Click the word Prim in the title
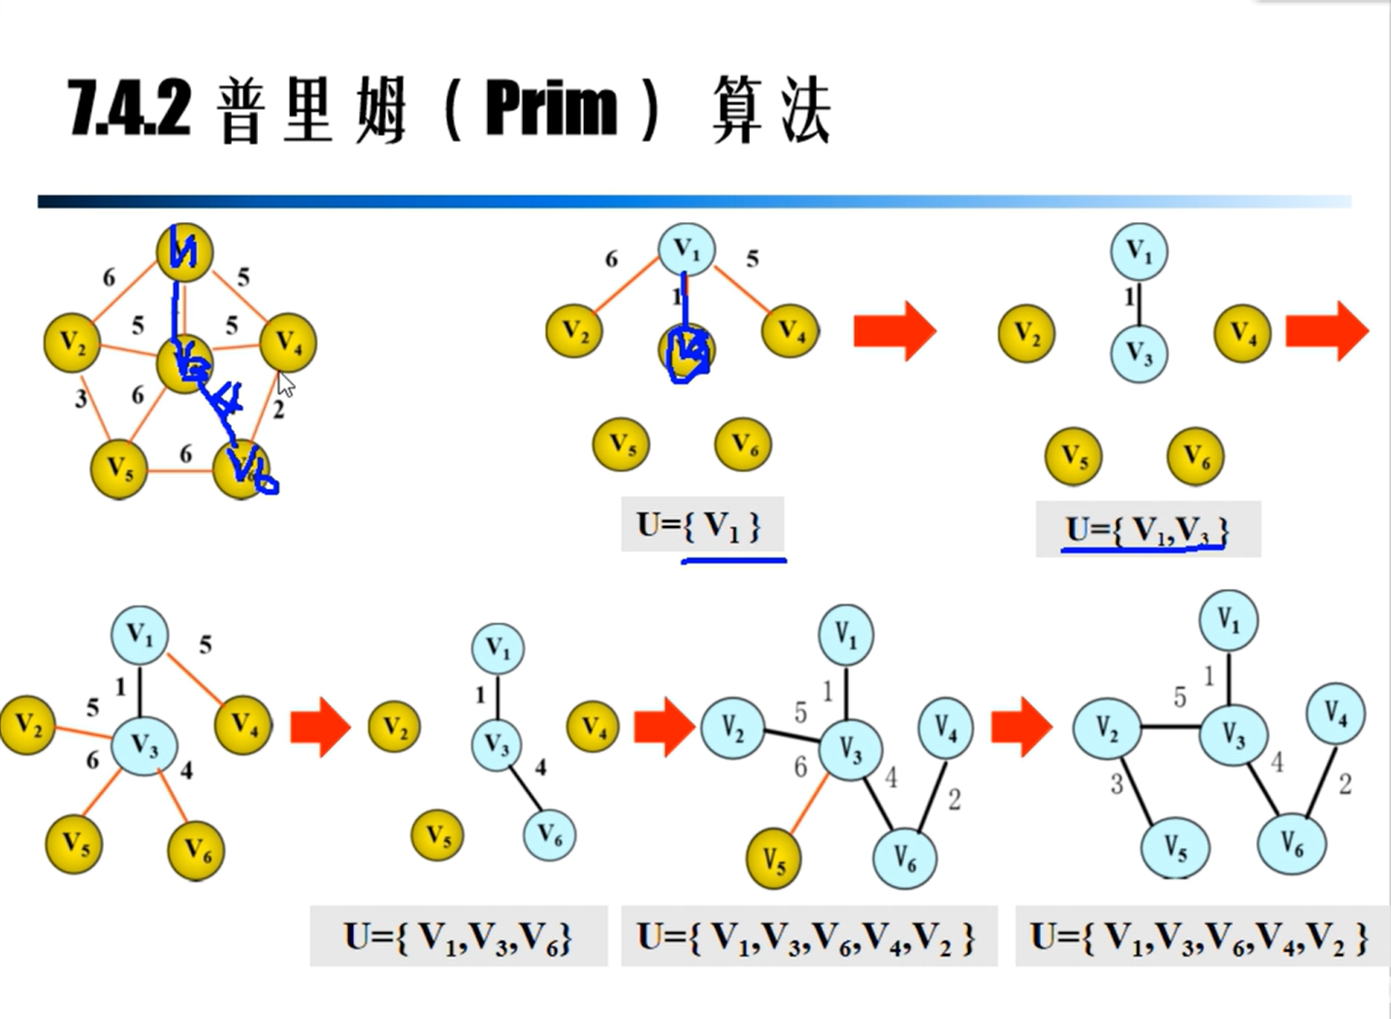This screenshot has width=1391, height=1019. click(550, 109)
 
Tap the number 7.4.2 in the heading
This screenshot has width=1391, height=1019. click(129, 109)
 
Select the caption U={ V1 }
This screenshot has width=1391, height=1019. click(699, 525)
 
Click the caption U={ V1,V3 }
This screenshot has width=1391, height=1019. click(1147, 530)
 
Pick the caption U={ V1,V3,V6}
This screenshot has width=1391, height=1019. click(458, 937)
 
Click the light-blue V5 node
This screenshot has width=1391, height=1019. click(1175, 848)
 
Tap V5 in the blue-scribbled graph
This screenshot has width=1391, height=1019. click(118, 470)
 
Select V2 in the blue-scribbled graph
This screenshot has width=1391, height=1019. click(73, 343)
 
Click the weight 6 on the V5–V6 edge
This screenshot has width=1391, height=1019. click(185, 453)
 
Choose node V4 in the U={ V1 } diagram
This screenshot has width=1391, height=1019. click(791, 331)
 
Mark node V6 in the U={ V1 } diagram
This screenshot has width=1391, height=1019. click(743, 444)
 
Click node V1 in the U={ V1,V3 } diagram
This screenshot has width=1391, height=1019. click(1139, 252)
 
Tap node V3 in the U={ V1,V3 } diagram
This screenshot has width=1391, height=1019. click(1139, 354)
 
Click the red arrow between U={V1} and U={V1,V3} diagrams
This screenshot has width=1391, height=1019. click(894, 331)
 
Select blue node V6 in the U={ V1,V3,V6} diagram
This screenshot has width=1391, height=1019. click(549, 834)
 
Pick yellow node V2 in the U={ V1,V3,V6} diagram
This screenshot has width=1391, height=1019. click(394, 726)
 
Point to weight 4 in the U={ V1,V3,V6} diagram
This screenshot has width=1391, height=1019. click(540, 768)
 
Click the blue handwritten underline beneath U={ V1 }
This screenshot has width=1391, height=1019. click(734, 560)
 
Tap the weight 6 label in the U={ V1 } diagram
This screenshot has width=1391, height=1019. click(611, 258)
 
